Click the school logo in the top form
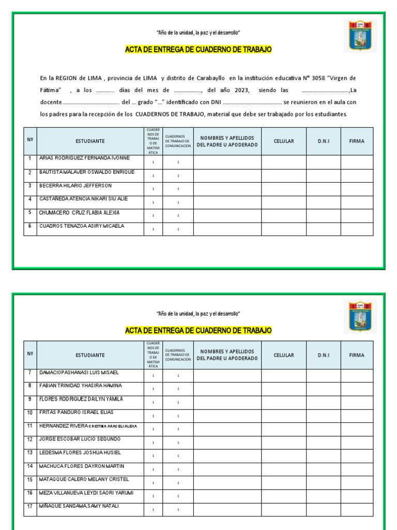[360, 36]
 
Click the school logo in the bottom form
[360, 316]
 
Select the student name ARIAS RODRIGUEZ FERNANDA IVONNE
[84, 158]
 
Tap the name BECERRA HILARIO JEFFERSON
[75, 185]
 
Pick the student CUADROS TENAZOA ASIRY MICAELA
[82, 226]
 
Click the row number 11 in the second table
[30, 426]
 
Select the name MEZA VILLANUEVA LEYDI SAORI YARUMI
[86, 493]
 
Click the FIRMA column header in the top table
[357, 141]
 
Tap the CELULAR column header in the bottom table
[284, 355]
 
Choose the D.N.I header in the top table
[324, 141]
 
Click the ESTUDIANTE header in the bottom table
[90, 355]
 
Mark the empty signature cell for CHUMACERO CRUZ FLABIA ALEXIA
[357, 215]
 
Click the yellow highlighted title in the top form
[198, 50]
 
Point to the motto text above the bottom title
[198, 314]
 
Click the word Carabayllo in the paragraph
[210, 78]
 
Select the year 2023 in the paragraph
[241, 90]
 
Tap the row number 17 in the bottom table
[30, 506]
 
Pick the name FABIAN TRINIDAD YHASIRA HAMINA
[81, 386]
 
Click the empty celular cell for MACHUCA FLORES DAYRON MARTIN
[284, 469]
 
